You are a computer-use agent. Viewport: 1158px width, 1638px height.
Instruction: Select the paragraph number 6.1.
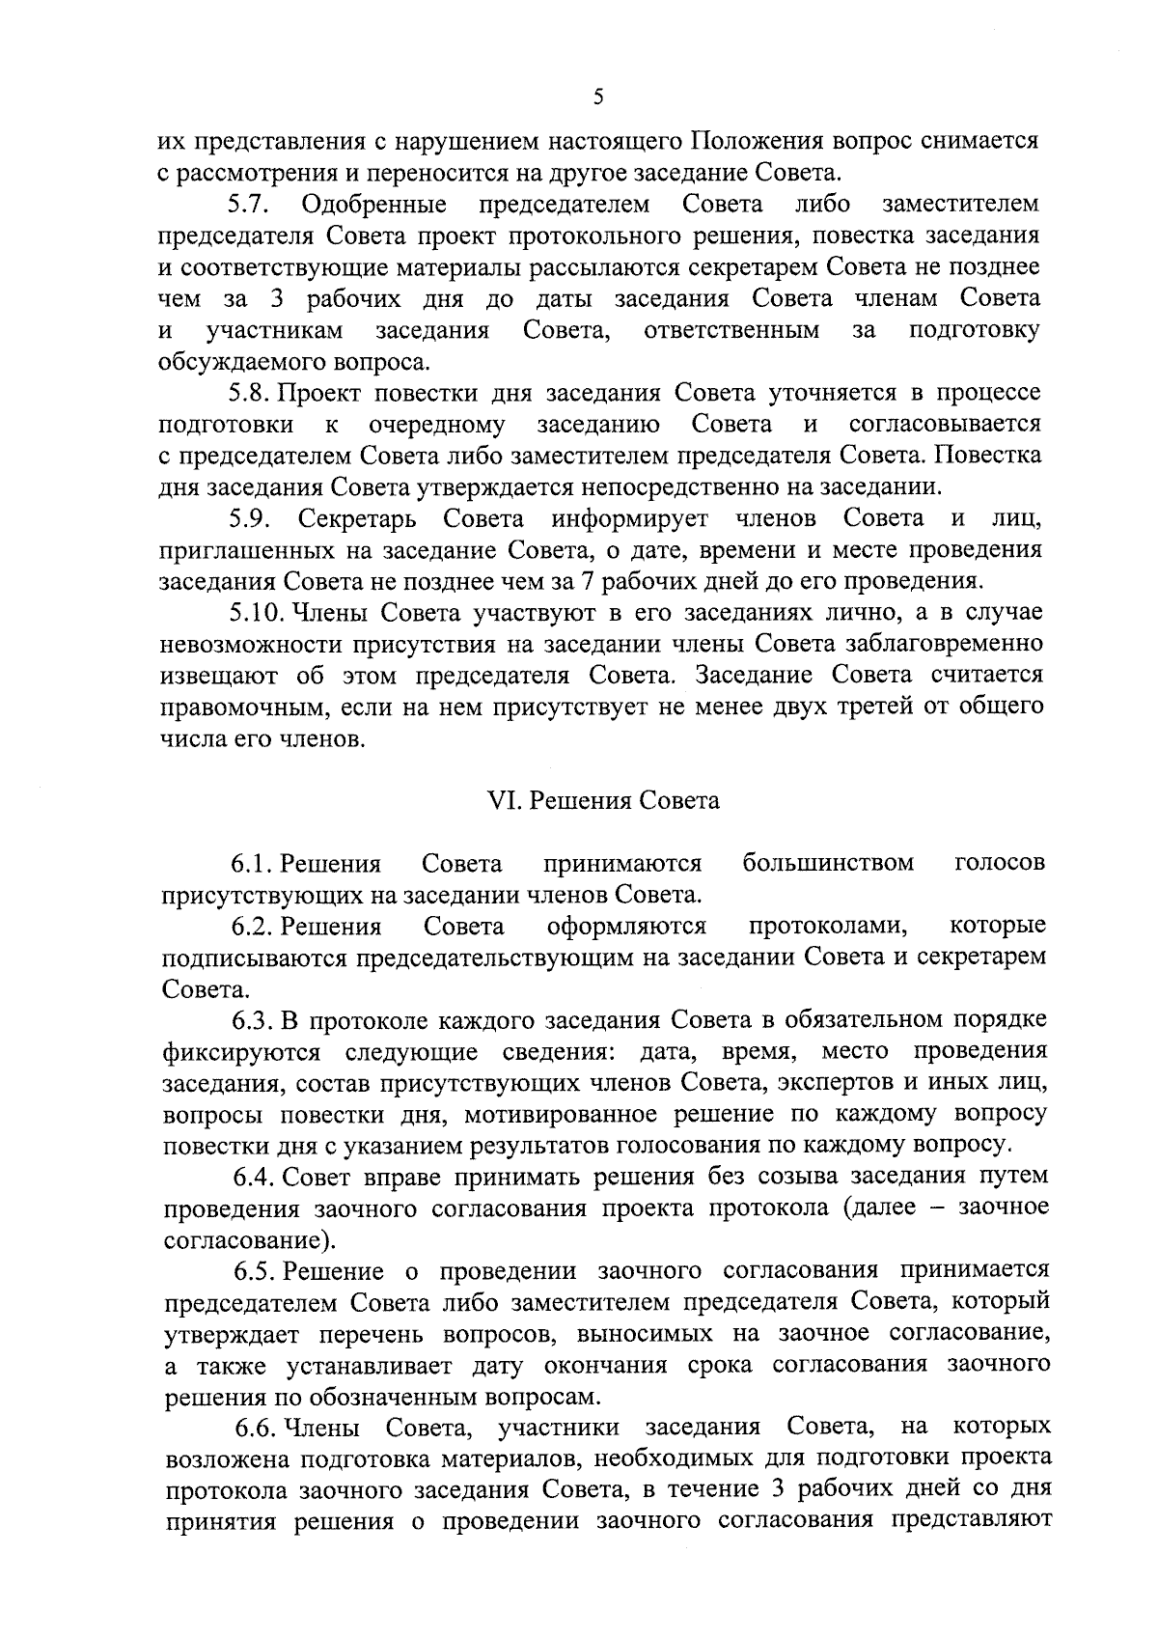pos(254,863)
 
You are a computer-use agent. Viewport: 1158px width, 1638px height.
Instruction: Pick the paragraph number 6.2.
pos(254,927)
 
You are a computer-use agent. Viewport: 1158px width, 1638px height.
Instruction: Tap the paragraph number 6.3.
pos(255,1020)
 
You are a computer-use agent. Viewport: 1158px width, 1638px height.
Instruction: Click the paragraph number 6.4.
pos(256,1178)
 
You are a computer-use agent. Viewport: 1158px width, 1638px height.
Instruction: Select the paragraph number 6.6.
pos(258,1428)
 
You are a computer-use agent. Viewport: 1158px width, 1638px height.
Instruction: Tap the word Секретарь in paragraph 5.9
pos(357,519)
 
